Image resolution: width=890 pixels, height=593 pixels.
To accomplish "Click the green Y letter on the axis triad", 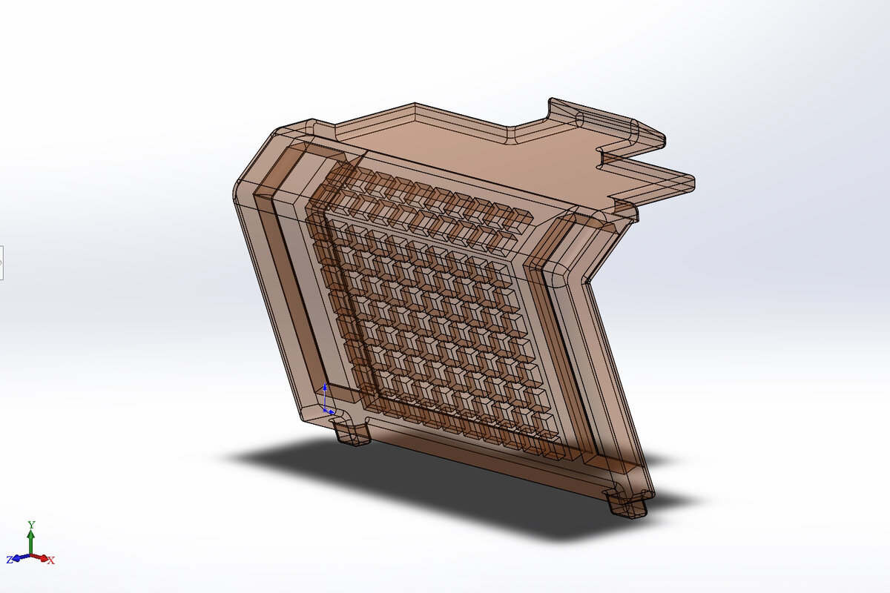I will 31,525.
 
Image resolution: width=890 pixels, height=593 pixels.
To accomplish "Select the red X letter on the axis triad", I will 51,560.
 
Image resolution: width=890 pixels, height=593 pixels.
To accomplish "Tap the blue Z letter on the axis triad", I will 10,560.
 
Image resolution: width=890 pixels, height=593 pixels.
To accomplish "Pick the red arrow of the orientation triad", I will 42,557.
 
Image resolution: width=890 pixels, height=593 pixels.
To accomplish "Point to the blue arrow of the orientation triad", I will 19,557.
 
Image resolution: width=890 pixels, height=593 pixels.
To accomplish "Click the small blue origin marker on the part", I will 326,401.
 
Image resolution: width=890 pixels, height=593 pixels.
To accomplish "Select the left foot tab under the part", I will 352,434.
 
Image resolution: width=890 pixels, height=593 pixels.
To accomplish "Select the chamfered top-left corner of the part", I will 252,159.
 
